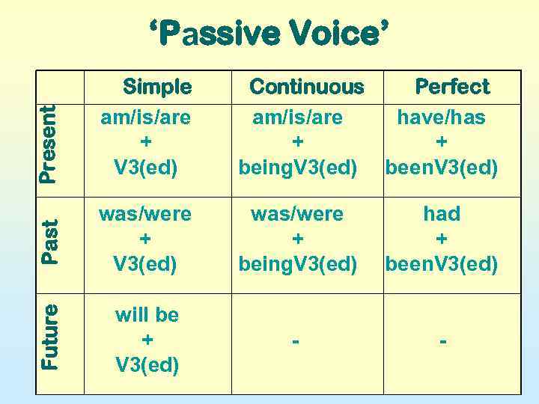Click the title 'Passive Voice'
(269, 34)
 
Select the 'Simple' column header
(157, 87)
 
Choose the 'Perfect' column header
(452, 87)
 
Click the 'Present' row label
(48, 144)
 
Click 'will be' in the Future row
(147, 315)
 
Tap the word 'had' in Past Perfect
(442, 214)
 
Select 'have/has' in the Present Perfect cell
(441, 117)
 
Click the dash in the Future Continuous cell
(297, 340)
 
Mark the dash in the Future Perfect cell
(443, 340)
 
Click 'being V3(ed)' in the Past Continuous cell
(298, 263)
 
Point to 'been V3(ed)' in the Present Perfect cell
(441, 168)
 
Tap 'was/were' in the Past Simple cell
(146, 214)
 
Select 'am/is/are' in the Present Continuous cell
(297, 117)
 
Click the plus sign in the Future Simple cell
(147, 340)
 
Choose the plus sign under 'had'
(442, 239)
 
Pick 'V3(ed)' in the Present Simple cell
(146, 168)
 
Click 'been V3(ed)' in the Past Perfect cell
(441, 263)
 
